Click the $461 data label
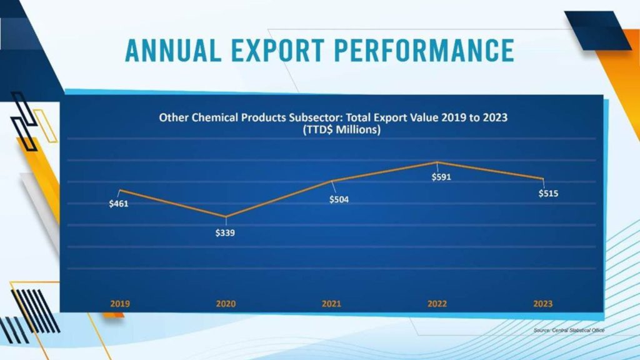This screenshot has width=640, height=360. point(119,204)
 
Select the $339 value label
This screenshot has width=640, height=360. point(225,233)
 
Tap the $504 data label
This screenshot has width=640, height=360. point(339,200)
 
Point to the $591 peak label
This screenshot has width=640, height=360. point(441,177)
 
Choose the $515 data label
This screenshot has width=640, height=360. point(548,194)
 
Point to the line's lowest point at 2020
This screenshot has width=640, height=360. point(226,217)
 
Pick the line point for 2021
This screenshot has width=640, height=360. point(331,181)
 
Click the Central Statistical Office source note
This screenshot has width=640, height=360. point(569,329)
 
